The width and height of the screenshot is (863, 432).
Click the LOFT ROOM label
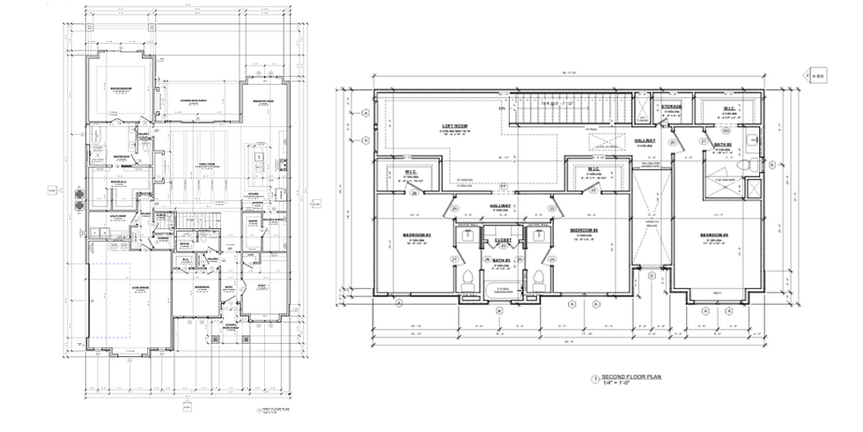tap(454, 126)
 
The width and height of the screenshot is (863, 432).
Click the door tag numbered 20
tap(672, 142)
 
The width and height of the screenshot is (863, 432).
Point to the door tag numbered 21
tap(703, 142)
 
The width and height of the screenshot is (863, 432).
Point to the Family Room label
tap(208, 162)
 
